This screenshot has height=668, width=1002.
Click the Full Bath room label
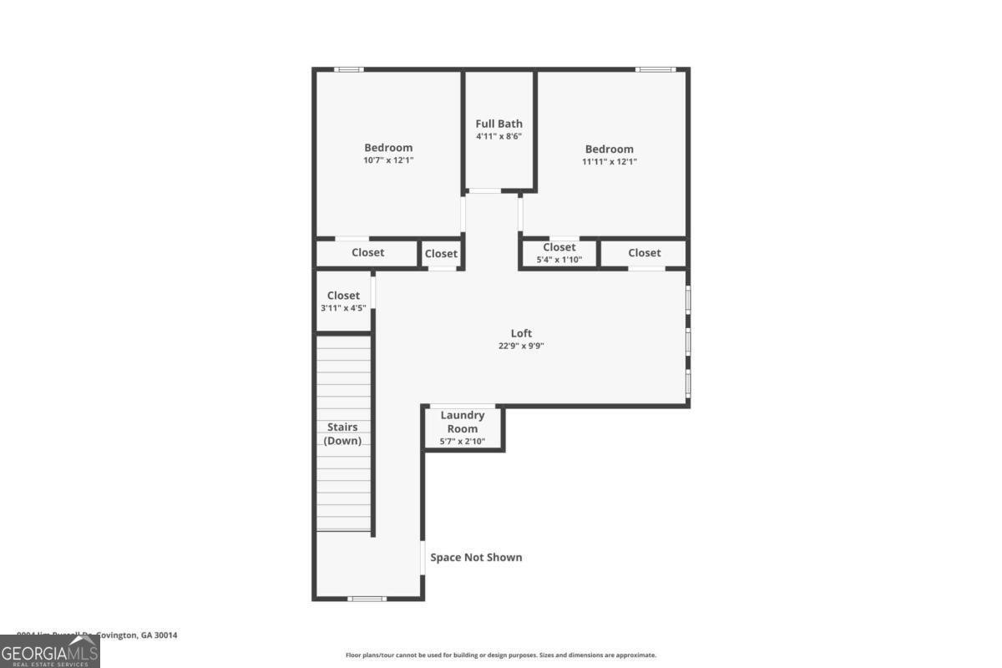coord(499,124)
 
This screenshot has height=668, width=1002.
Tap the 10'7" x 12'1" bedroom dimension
coord(388,160)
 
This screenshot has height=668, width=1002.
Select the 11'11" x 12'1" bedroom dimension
coord(609,161)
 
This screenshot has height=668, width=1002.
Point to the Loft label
coord(521,333)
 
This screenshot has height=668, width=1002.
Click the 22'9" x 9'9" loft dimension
coord(521,346)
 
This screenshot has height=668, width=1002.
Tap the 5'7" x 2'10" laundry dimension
coord(463,441)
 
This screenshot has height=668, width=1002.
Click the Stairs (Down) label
coord(342,433)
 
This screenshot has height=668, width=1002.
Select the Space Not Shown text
coord(476,557)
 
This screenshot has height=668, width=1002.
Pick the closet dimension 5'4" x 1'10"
coord(559,260)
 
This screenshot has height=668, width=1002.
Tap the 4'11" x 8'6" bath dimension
coord(499,136)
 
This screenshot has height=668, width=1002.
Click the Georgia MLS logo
coord(50,651)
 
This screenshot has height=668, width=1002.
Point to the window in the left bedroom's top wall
coord(349,69)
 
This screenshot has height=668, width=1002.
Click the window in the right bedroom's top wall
coord(655,69)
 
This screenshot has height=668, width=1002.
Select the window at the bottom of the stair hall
coord(367,598)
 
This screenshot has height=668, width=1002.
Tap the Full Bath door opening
coord(484,191)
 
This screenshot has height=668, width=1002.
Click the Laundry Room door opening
coord(462,407)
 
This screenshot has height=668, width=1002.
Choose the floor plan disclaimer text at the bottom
coord(501,655)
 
